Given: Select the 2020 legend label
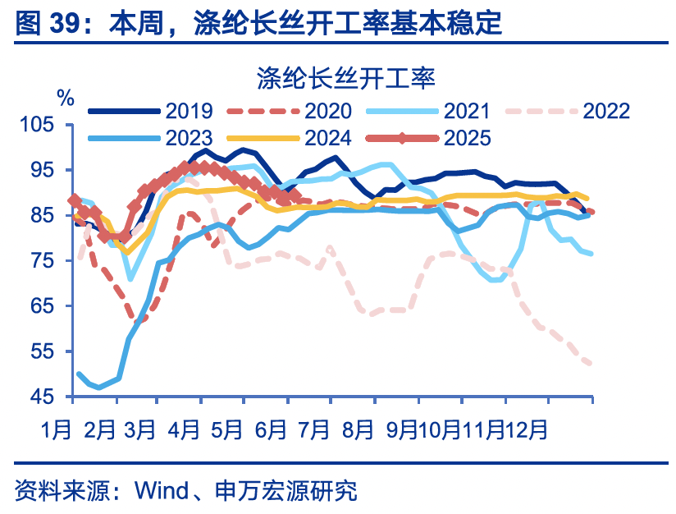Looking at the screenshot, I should [327, 111].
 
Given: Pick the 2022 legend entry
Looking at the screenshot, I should [605, 111].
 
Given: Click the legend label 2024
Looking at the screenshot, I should [327, 137].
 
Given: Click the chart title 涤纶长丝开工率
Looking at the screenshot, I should [345, 78].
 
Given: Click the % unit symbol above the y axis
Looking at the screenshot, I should [66, 96].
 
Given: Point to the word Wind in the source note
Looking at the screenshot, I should [161, 491].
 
